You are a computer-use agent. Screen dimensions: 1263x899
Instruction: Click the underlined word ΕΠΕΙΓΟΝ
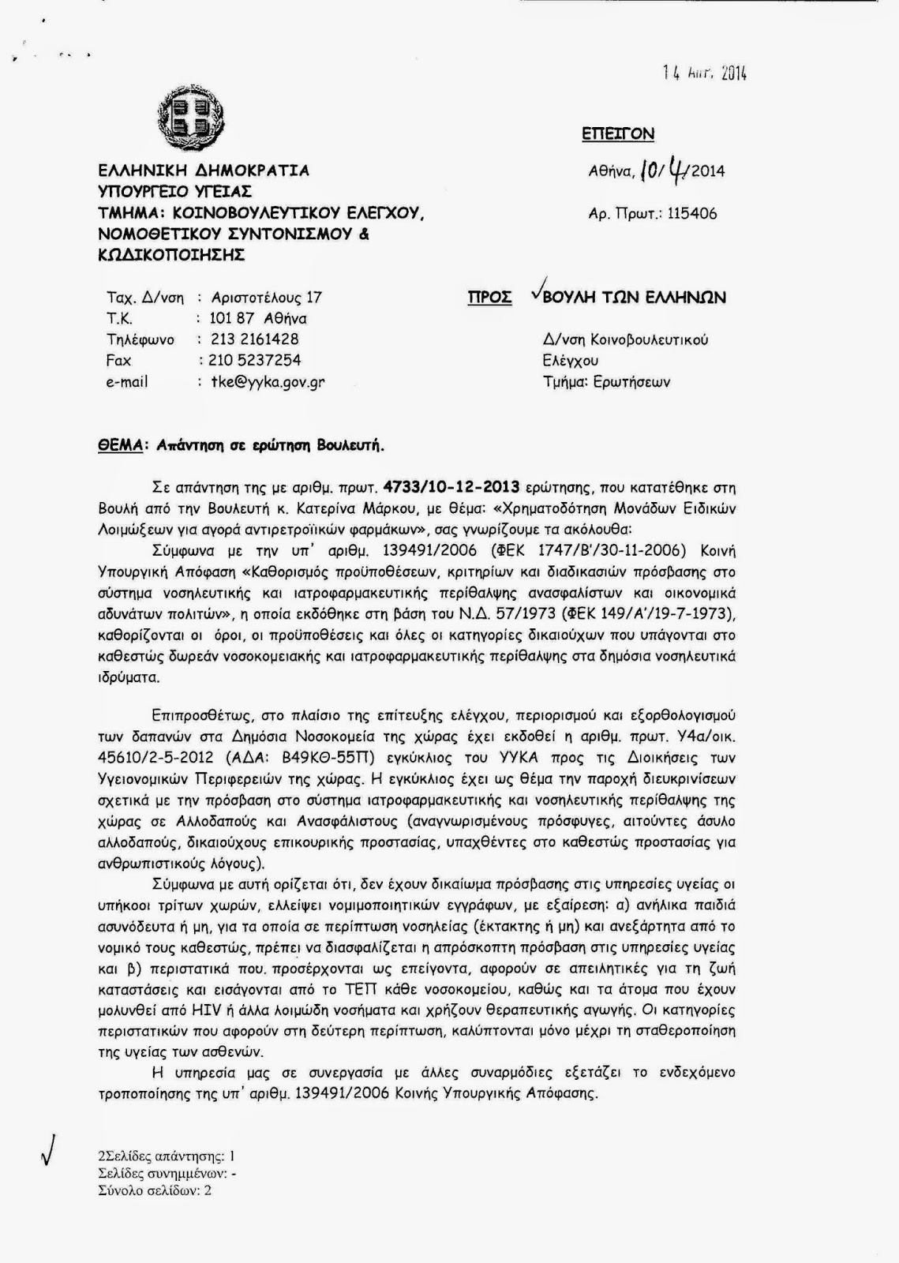coord(618,134)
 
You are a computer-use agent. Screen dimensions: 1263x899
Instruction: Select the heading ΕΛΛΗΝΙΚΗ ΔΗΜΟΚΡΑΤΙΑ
coord(204,171)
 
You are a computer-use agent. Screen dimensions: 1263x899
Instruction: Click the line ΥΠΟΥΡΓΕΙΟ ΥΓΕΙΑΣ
coord(174,192)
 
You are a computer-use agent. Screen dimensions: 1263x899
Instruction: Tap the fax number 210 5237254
coord(255,361)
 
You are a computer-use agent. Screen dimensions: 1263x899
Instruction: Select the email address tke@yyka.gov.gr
coord(268,382)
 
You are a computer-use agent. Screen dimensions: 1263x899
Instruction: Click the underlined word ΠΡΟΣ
coord(489,298)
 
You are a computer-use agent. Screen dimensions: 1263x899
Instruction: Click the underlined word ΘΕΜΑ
coord(118,445)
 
